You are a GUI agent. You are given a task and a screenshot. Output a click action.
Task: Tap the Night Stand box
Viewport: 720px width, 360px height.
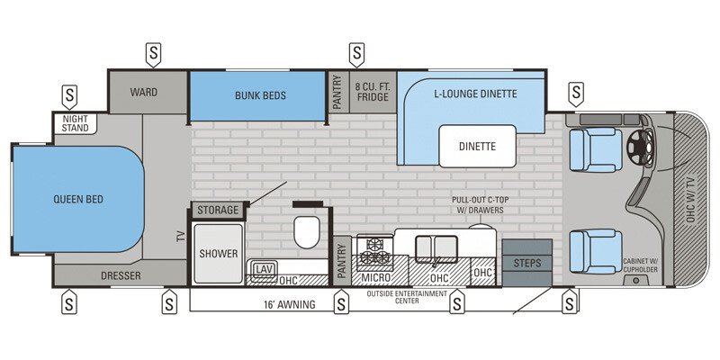pos(76,122)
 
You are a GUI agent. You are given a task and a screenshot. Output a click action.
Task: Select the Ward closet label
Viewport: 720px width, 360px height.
pos(144,92)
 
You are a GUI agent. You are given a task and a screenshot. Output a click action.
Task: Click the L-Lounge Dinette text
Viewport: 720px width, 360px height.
pos(475,93)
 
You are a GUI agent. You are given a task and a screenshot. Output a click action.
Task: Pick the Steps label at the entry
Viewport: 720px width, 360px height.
pos(527,263)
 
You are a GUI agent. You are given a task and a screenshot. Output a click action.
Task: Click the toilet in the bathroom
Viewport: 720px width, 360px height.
pos(307,230)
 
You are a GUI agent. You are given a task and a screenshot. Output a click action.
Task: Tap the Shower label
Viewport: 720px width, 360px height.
pos(219,254)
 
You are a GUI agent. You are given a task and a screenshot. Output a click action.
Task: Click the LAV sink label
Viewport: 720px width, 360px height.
pos(264,269)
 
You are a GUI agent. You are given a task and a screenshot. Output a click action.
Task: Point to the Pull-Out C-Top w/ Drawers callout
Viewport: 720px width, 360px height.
pos(477,205)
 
